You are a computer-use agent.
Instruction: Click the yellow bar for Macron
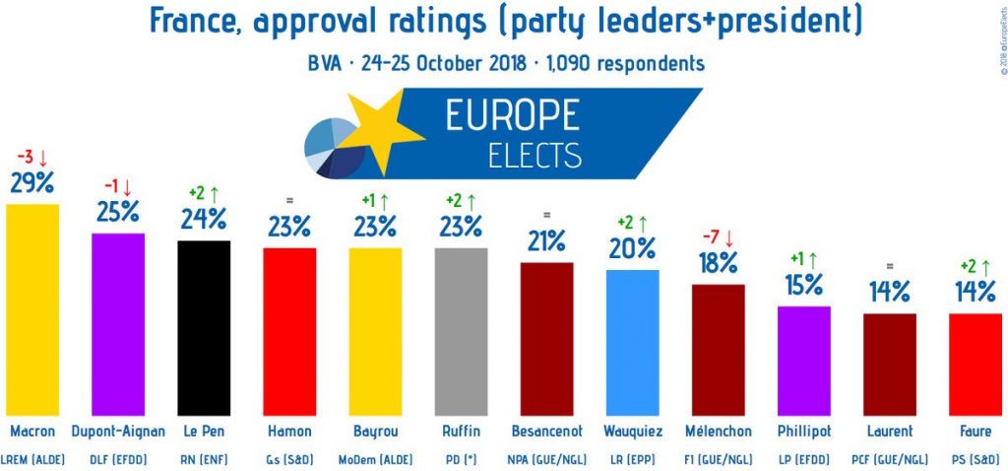[x=32, y=309]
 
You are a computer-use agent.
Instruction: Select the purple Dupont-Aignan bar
[x=118, y=324]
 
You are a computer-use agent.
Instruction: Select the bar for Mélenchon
[x=719, y=350]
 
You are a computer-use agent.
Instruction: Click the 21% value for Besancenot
[x=546, y=240]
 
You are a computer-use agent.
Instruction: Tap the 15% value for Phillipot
[x=803, y=285]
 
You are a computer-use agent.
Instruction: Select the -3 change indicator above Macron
[x=32, y=157]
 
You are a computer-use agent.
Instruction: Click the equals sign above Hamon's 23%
[x=289, y=200]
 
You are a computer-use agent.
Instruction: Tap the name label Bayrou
[x=375, y=431]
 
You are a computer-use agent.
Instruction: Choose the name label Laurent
[x=890, y=431]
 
